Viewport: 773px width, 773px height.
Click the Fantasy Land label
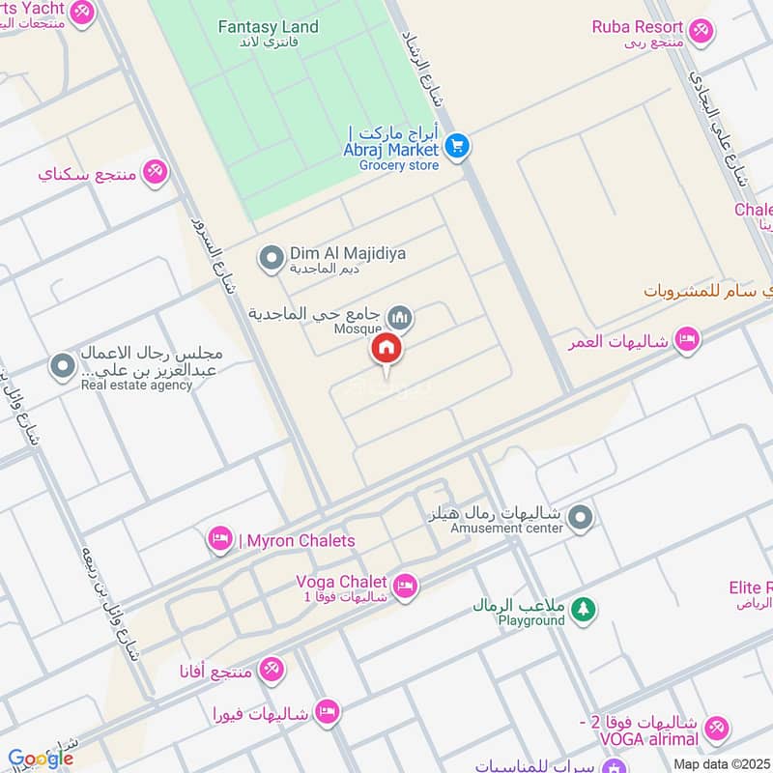tap(268, 27)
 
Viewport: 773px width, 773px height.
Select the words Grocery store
tap(399, 165)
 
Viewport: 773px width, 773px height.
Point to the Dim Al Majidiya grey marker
tap(272, 258)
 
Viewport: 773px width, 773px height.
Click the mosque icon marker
tap(399, 317)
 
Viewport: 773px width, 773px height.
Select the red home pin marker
tap(386, 349)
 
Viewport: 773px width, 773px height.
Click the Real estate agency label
tap(136, 386)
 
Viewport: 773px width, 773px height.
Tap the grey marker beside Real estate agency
tap(62, 367)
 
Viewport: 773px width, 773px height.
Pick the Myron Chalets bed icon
tap(220, 540)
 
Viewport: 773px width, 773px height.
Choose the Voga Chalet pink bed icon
tap(405, 585)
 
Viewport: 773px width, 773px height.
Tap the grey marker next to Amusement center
tap(580, 519)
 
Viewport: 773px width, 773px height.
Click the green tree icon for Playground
tap(583, 609)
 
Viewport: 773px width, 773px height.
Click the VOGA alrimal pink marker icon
tap(716, 729)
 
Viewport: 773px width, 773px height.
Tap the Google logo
tap(40, 759)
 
